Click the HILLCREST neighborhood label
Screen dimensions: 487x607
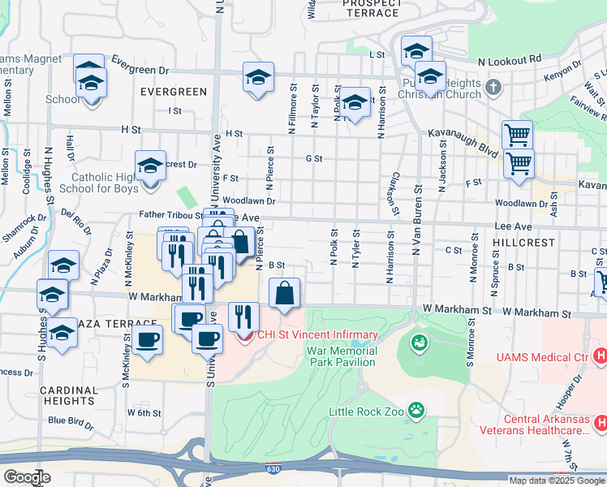point(523,243)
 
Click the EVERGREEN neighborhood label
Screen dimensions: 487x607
point(173,92)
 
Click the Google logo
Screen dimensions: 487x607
point(26,477)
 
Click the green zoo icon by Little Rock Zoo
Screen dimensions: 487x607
point(416,410)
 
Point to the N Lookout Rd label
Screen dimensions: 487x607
point(509,60)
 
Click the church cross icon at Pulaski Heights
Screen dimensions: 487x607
point(493,86)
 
